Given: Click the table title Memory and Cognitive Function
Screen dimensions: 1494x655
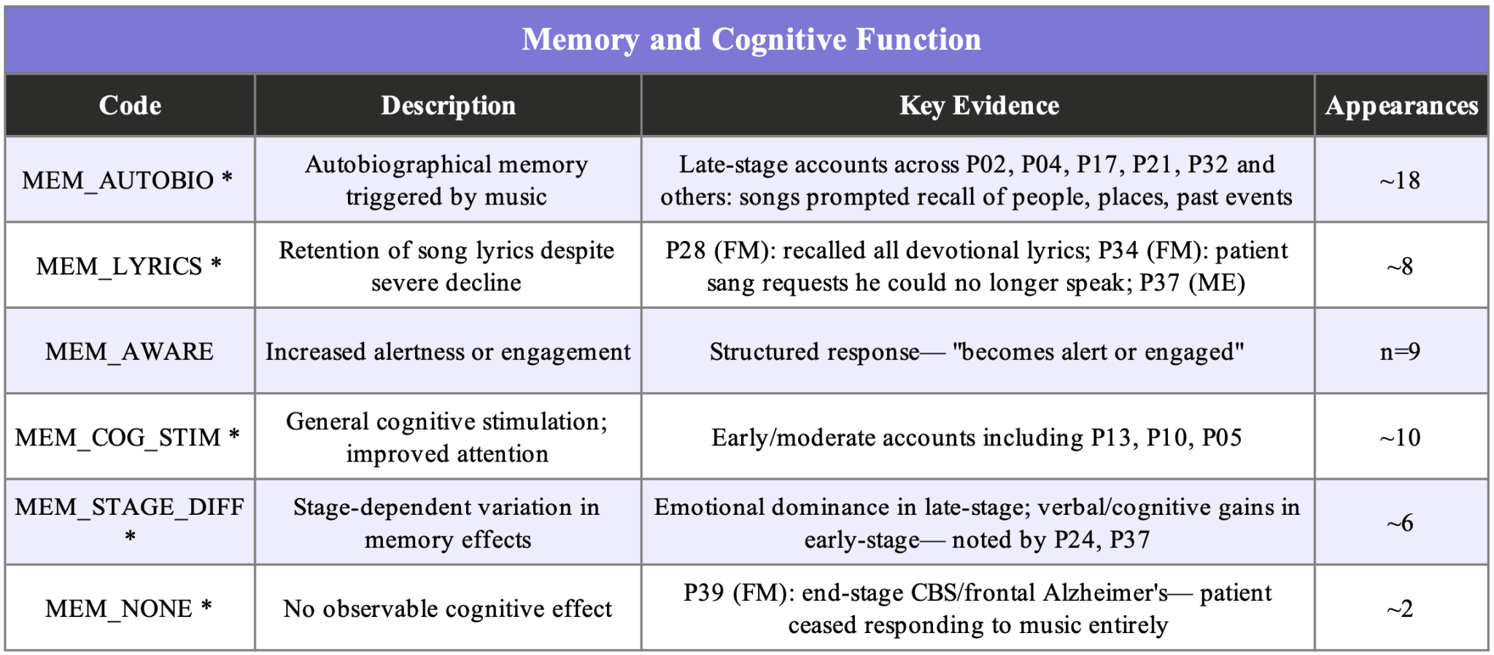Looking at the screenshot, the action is coord(751,39).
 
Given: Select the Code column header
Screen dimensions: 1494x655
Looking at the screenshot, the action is coord(130,106).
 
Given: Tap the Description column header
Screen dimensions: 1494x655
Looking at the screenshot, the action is coord(448,106).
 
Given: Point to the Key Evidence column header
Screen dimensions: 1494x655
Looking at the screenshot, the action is coord(979,106).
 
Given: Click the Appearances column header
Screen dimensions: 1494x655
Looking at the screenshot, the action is coord(1401,106).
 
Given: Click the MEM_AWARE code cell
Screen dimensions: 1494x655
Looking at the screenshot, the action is coord(129,351).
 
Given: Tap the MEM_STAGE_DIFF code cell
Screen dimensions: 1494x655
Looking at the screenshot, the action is coord(130,521).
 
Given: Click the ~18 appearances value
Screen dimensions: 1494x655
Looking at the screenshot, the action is coord(1400,180).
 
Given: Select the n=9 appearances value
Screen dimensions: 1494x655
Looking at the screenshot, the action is coord(1400,352).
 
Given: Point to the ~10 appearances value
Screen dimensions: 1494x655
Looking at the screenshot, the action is coord(1400,437).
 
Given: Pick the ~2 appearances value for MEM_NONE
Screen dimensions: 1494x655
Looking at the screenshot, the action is coord(1400,608).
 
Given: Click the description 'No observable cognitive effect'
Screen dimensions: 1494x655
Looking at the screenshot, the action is coord(447,608).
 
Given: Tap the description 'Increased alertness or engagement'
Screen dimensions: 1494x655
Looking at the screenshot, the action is coord(447,352).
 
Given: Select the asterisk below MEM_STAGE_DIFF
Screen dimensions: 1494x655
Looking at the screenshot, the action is coord(130,537).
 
